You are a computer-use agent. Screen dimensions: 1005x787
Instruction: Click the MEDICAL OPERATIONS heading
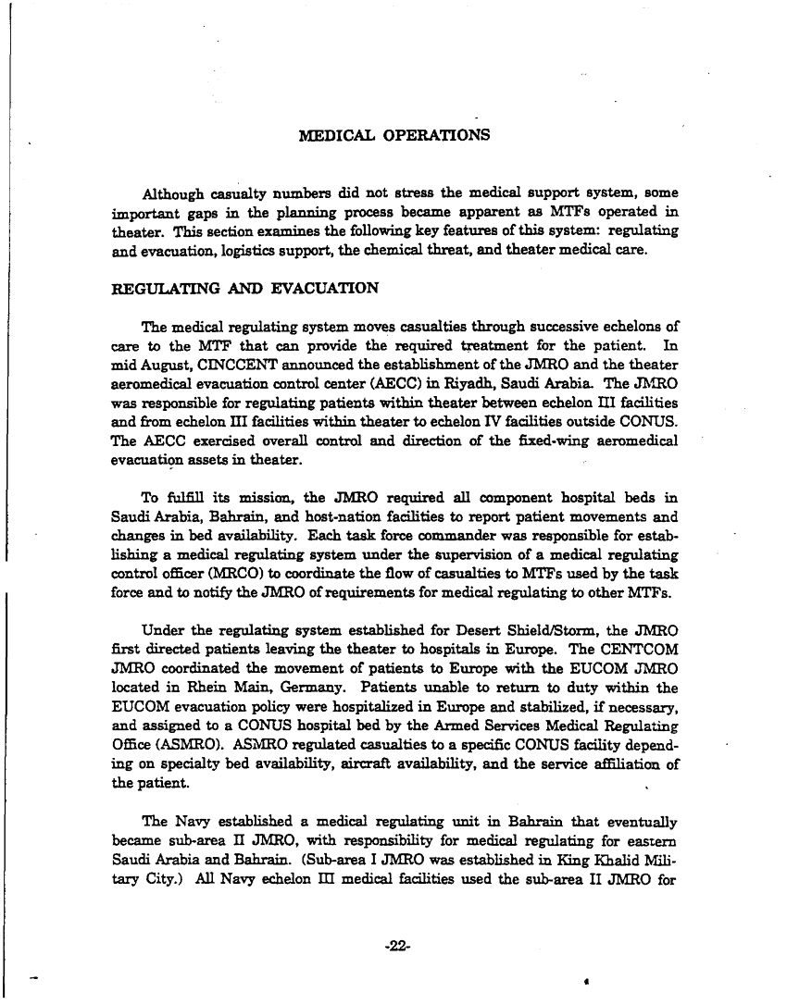pyautogui.click(x=395, y=136)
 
